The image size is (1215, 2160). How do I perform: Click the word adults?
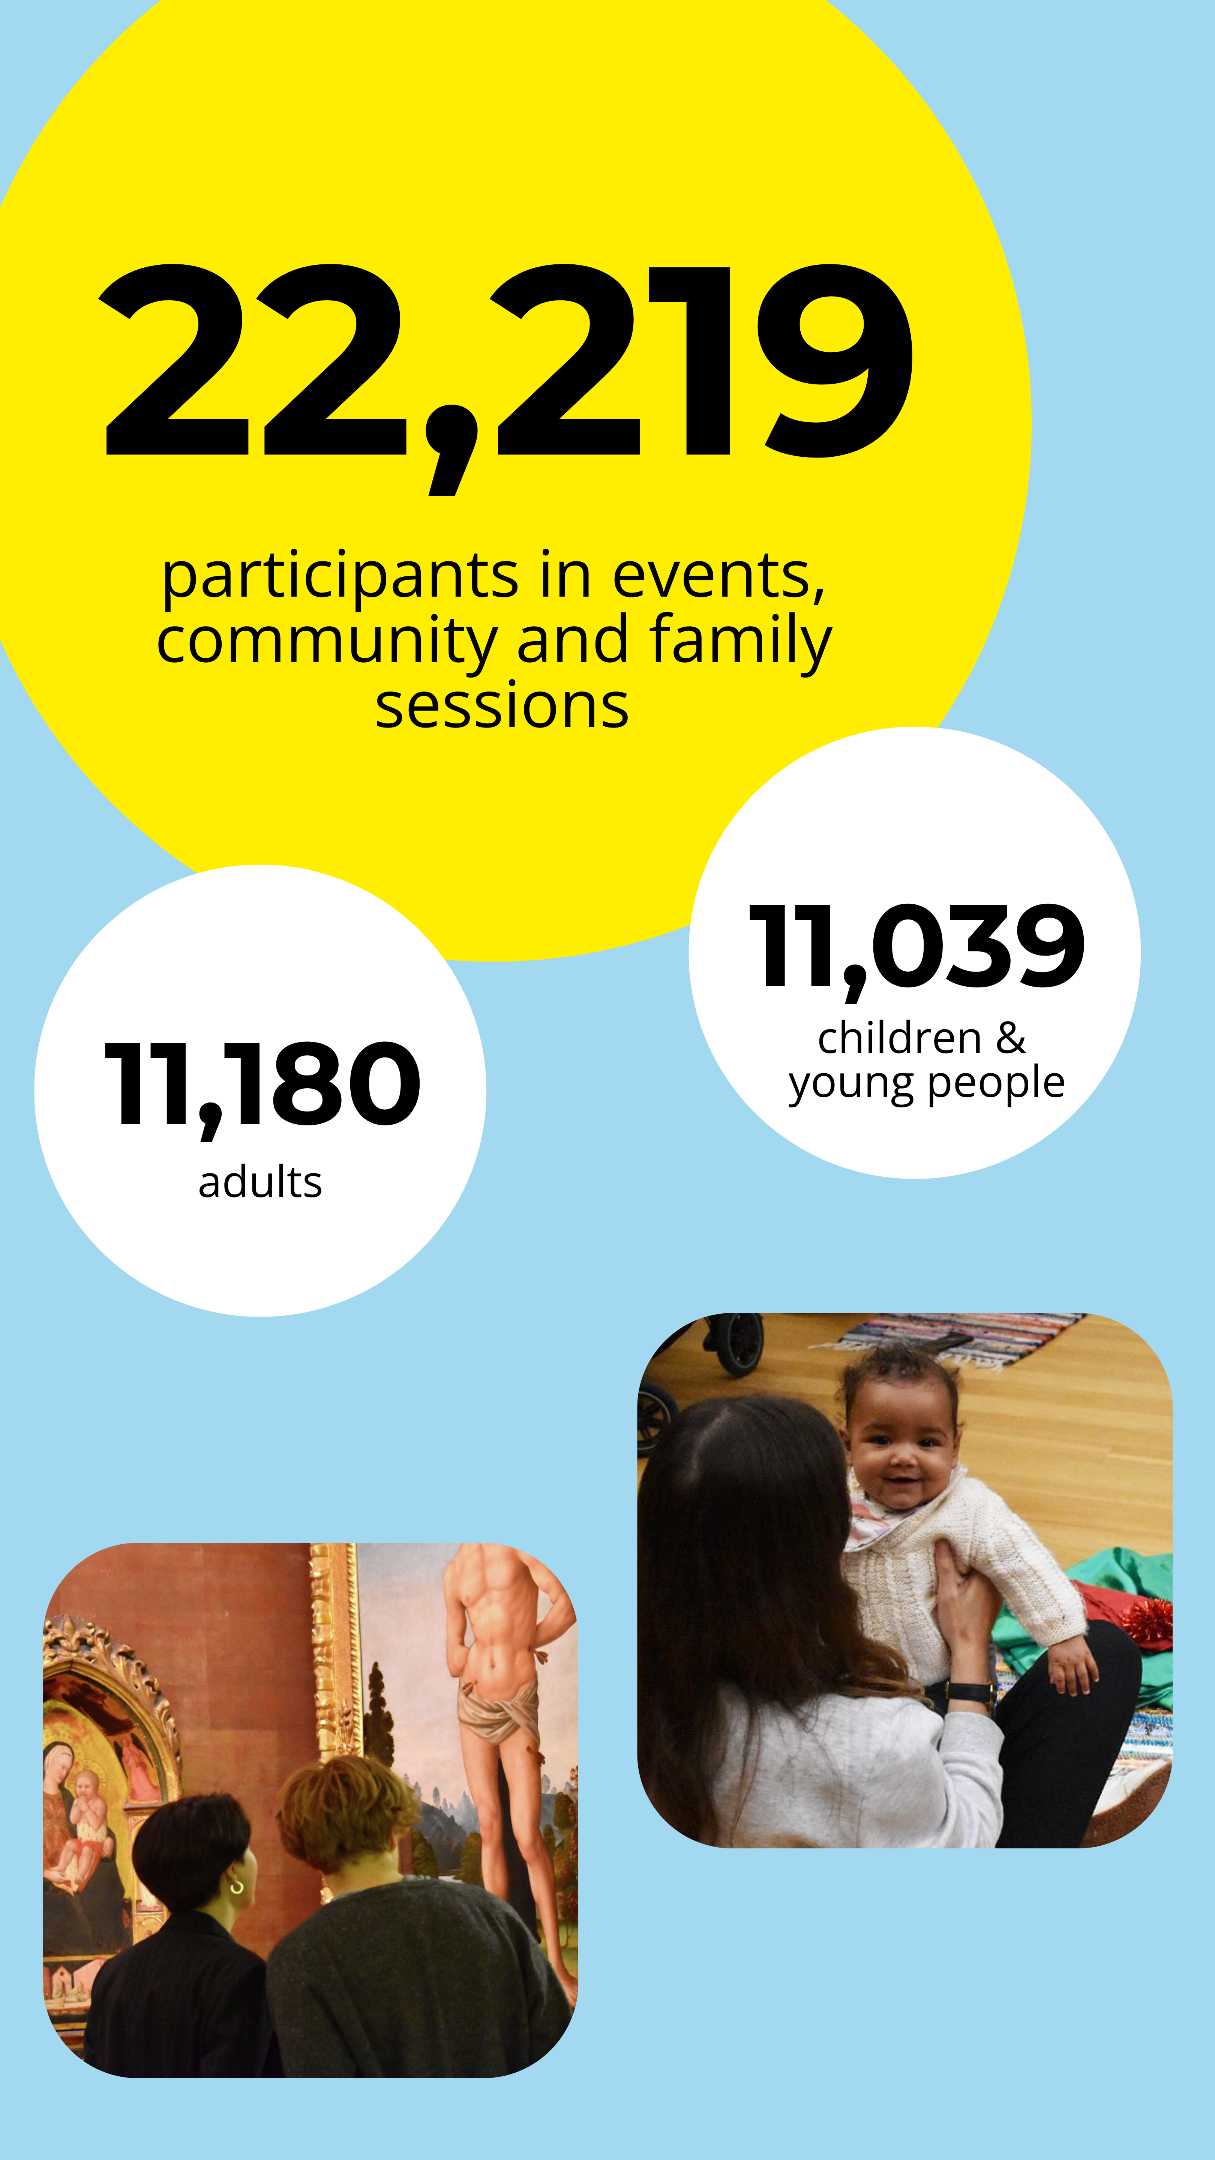click(260, 1182)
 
